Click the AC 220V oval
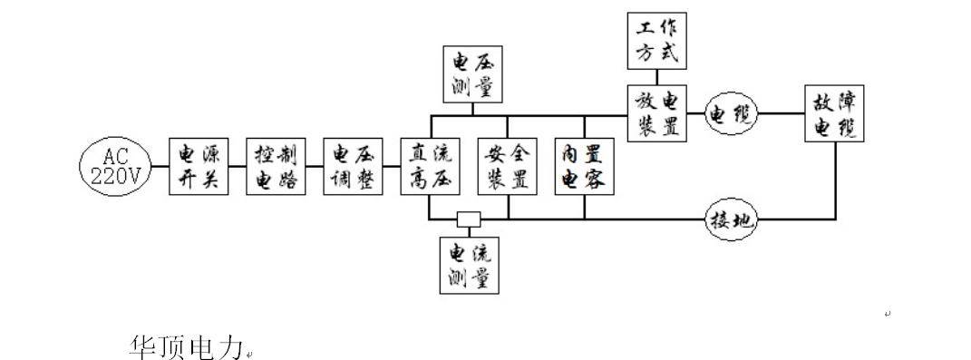(116, 167)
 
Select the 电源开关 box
(199, 166)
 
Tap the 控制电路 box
(277, 166)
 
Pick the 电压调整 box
(354, 166)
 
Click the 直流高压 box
(431, 166)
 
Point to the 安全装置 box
(508, 166)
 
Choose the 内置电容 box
(585, 166)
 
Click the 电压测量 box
(473, 73)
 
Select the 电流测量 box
(470, 265)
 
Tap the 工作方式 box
(657, 40)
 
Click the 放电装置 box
(657, 113)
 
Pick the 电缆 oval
(733, 113)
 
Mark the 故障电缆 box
(835, 113)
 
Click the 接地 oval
(733, 219)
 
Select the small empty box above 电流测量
(469, 219)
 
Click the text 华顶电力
(187, 346)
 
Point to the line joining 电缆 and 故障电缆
(782, 113)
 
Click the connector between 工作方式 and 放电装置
(657, 77)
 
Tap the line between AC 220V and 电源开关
(161, 166)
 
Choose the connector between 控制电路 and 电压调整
(315, 166)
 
